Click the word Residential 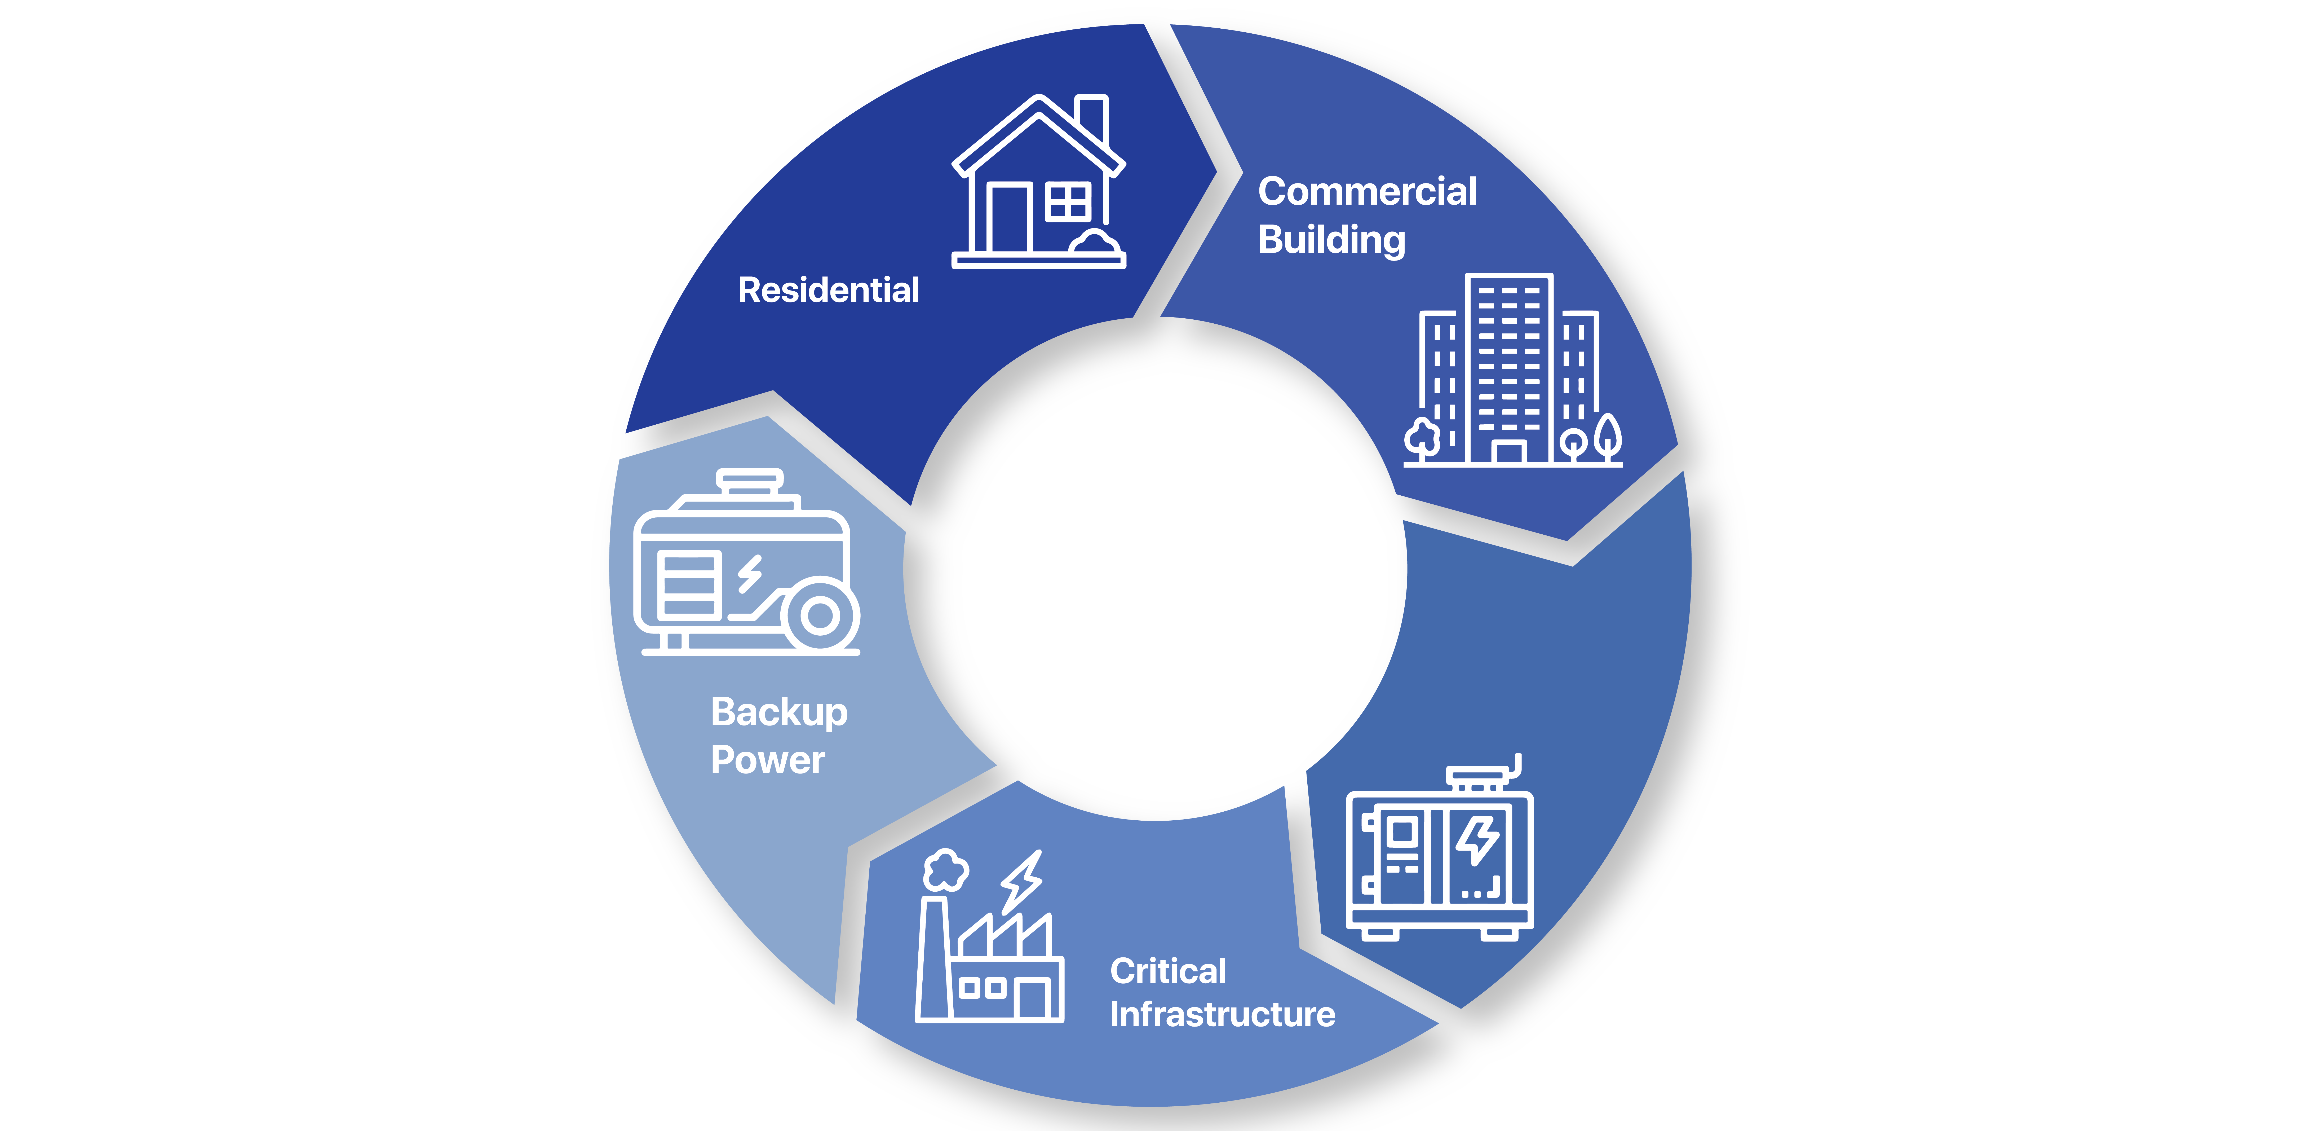(828, 290)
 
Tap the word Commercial (1367, 191)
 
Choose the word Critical (1167, 971)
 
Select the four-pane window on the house (1067, 201)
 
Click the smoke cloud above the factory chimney (945, 869)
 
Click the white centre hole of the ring (1175, 585)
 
